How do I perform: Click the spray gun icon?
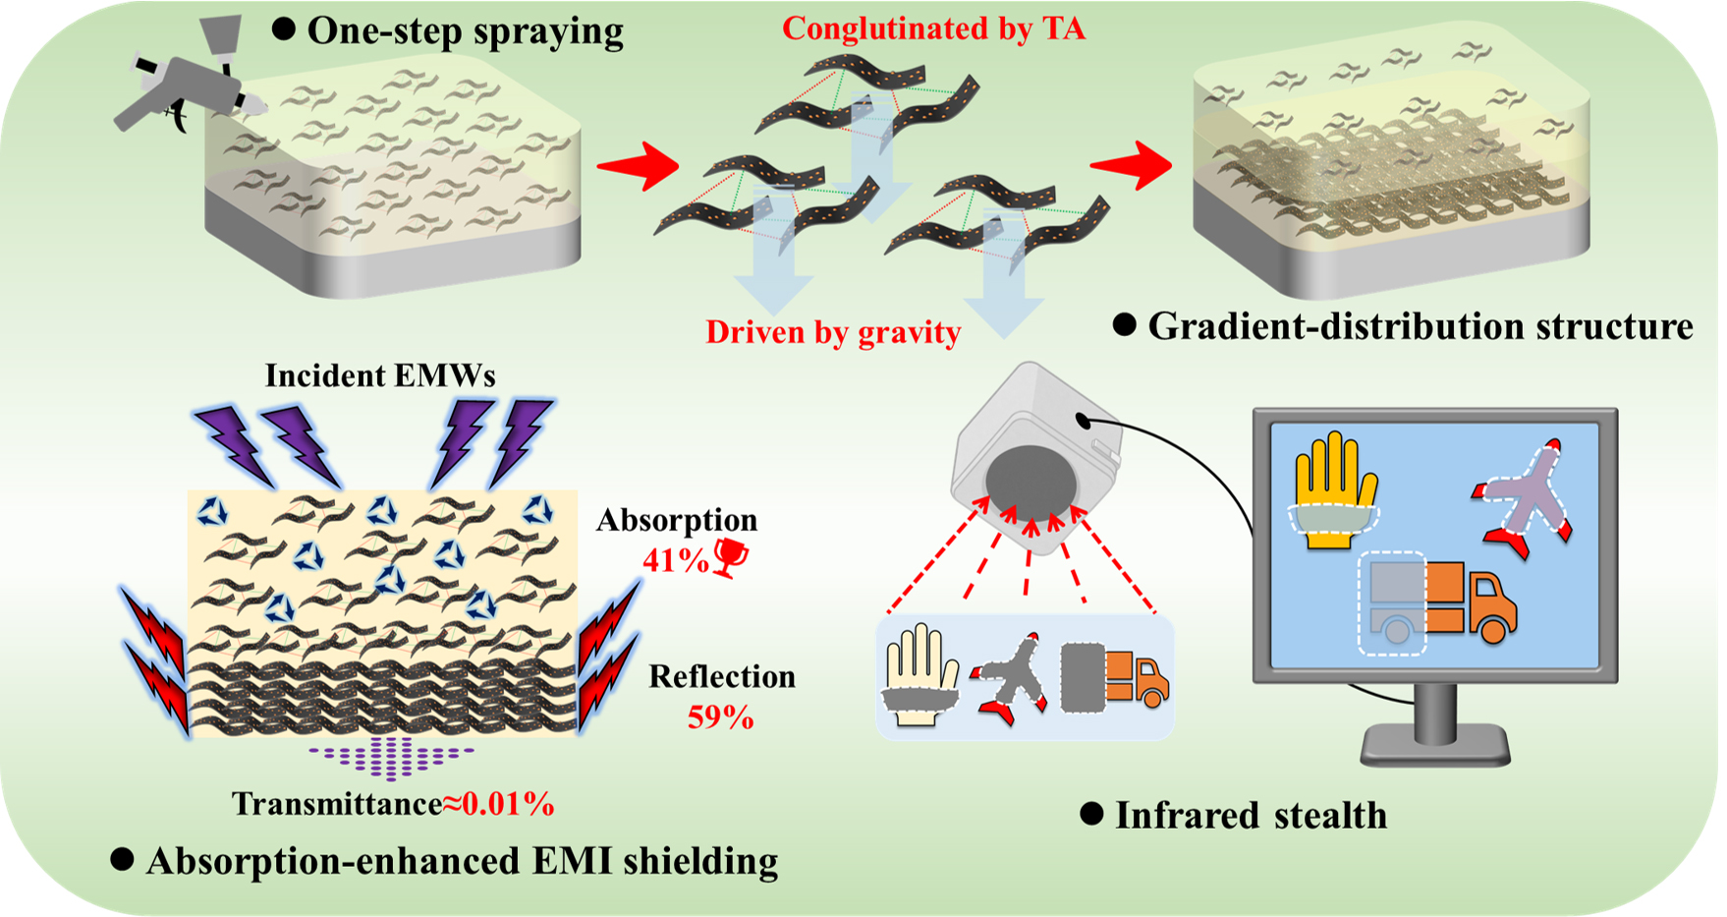pyautogui.click(x=187, y=88)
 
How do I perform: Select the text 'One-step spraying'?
pyautogui.click(x=465, y=30)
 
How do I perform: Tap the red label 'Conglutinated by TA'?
pyautogui.click(x=933, y=29)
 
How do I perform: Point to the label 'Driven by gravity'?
pyautogui.click(x=833, y=332)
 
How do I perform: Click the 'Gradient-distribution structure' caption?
pyautogui.click(x=1420, y=326)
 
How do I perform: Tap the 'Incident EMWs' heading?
pyautogui.click(x=380, y=375)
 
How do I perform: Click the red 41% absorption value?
pyautogui.click(x=675, y=560)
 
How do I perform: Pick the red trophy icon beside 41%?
pyautogui.click(x=729, y=558)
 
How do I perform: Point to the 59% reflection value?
pyautogui.click(x=720, y=717)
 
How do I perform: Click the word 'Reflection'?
pyautogui.click(x=722, y=676)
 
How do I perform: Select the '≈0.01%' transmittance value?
pyautogui.click(x=498, y=804)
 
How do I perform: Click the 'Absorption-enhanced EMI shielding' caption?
pyautogui.click(x=462, y=861)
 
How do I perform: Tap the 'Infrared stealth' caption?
pyautogui.click(x=1251, y=815)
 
